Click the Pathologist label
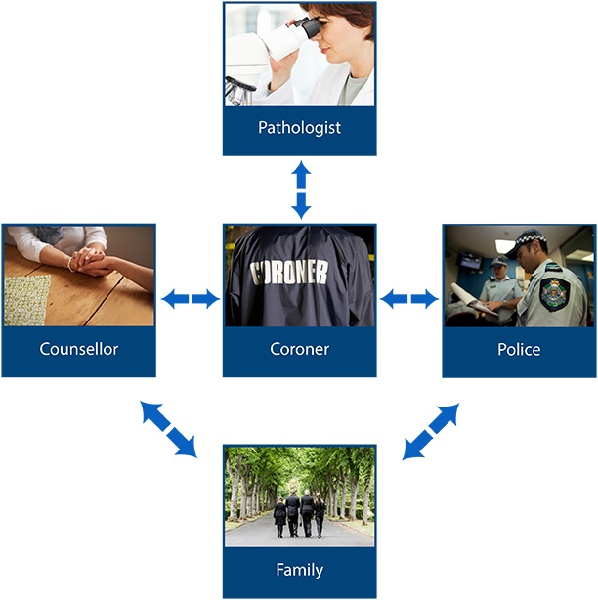coord(299,128)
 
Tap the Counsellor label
coord(78,349)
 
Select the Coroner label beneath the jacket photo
coord(299,349)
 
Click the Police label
coord(519,349)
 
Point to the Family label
coord(299,570)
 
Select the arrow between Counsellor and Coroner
coord(190,299)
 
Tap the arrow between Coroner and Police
coord(408,299)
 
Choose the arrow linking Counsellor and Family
coord(168,428)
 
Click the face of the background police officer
coord(498,266)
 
